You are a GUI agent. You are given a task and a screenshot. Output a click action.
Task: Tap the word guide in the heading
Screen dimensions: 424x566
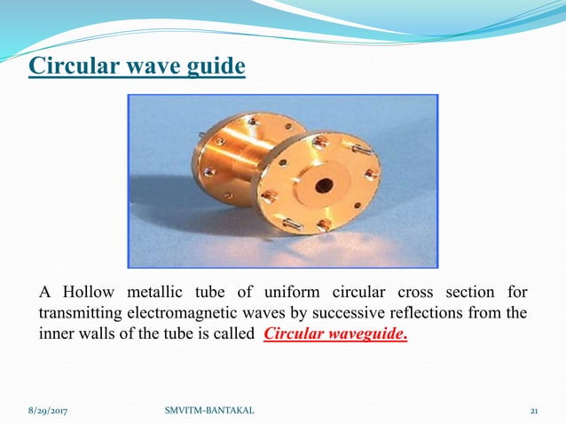pyautogui.click(x=213, y=67)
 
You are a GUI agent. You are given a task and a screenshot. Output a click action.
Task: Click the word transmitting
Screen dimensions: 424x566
pyautogui.click(x=84, y=314)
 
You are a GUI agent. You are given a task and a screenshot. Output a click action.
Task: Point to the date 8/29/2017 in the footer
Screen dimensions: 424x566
pyautogui.click(x=47, y=412)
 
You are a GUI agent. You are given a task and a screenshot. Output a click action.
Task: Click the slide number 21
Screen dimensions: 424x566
pyautogui.click(x=535, y=412)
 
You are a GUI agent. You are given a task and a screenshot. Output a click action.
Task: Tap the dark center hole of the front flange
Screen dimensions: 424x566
pyautogui.click(x=324, y=185)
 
